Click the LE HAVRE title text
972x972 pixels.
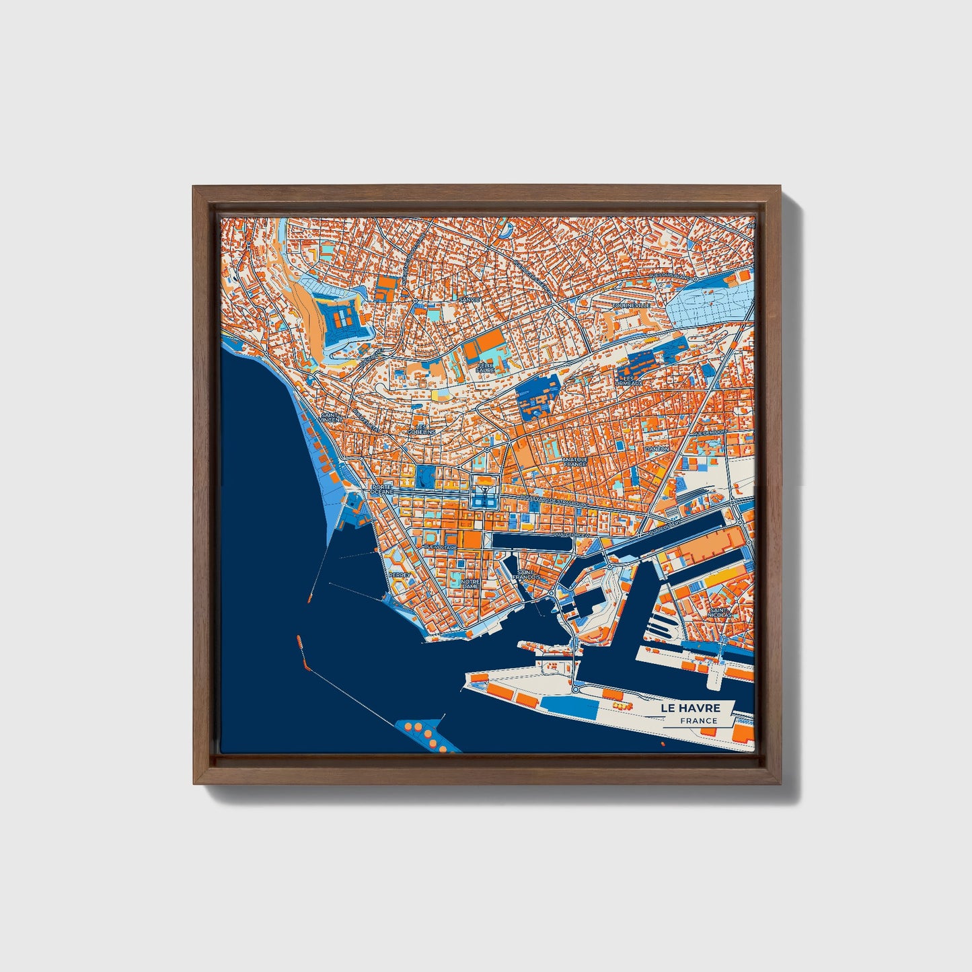690,708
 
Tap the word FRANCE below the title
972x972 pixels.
698,721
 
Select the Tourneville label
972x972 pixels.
631,305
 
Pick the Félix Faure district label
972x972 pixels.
485,367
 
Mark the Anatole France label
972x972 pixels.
575,462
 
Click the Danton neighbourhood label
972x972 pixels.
657,449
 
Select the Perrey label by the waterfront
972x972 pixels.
399,574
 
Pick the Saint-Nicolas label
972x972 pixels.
720,613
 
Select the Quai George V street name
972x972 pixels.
571,535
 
